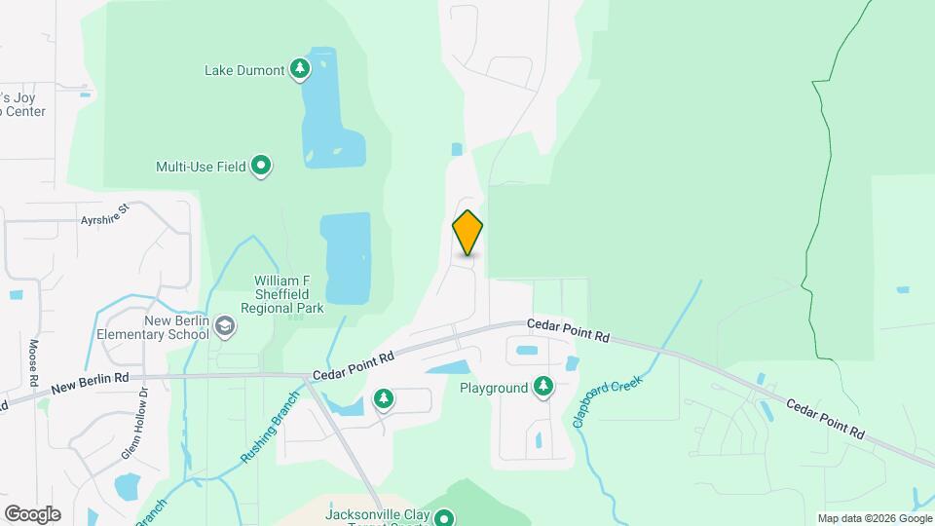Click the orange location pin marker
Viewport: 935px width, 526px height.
pos(467,233)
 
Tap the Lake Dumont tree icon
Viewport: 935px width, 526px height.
pos(301,69)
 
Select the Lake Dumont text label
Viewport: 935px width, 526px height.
pos(243,70)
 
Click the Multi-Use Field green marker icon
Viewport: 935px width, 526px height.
pos(261,167)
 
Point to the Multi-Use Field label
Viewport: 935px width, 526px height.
pos(201,167)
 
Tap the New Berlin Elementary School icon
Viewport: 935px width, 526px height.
pos(225,326)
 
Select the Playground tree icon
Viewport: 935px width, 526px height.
pos(543,387)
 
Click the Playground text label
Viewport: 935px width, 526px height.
pos(494,388)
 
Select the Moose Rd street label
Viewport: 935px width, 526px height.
pos(33,360)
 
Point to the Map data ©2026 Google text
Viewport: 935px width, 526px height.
pos(875,518)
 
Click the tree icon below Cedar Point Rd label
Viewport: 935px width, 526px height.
pos(385,398)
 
